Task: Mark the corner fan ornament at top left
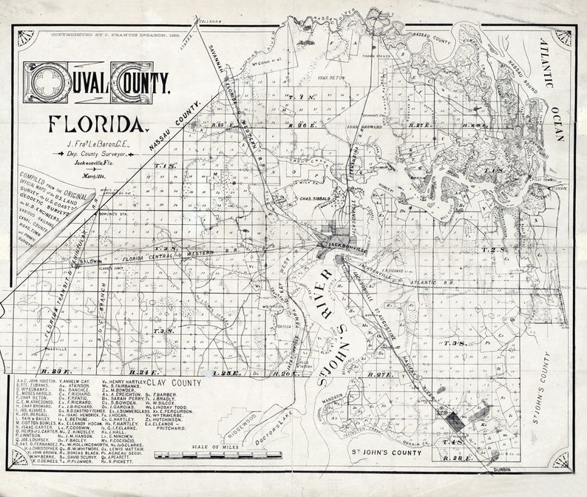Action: tap(27, 41)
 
